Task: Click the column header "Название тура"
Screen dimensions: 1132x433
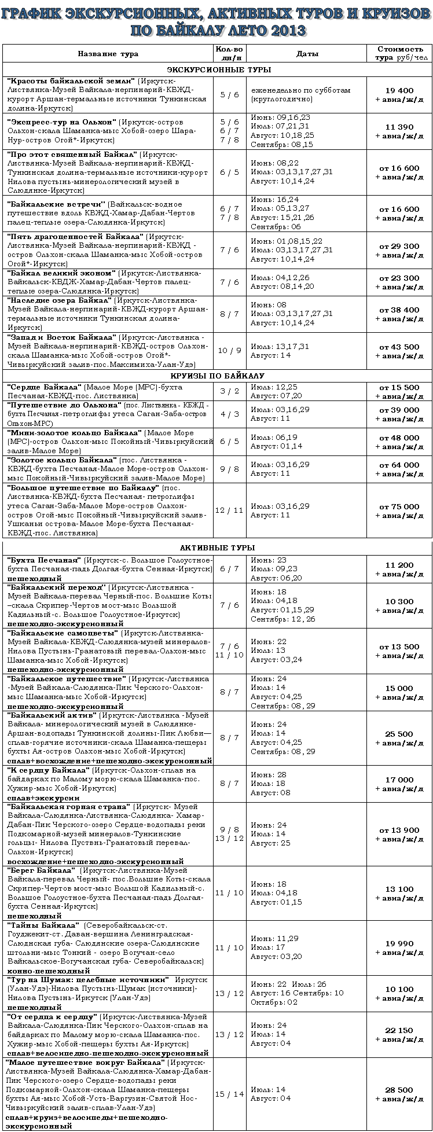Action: click(x=108, y=53)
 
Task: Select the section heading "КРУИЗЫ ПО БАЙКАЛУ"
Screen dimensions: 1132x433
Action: click(x=216, y=376)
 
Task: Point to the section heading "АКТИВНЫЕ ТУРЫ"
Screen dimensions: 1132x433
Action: click(x=216, y=547)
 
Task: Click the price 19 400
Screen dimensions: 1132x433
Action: click(x=399, y=90)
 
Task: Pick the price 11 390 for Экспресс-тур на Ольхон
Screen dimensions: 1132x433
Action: click(x=399, y=127)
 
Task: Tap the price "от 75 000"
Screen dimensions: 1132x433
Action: click(x=399, y=506)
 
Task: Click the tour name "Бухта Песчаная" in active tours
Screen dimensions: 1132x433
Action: click(x=43, y=560)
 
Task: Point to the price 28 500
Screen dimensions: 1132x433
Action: click(x=399, y=1089)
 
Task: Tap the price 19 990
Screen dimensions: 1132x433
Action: click(x=399, y=943)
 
